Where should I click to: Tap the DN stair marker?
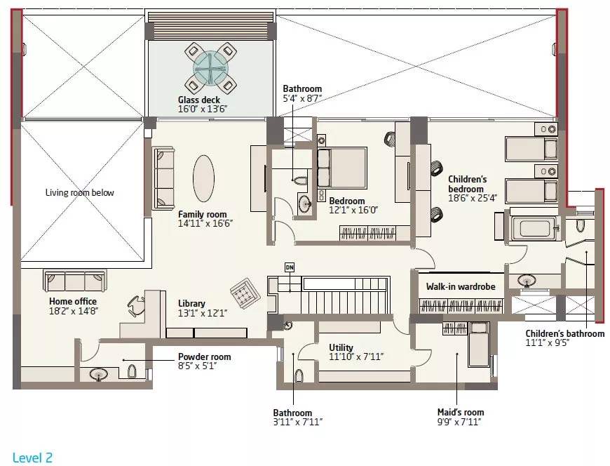(x=290, y=267)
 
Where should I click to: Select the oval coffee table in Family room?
(x=203, y=178)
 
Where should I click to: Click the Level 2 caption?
(x=32, y=458)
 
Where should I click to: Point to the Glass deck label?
(x=199, y=100)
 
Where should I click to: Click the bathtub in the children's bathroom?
(x=534, y=229)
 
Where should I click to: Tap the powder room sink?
(x=99, y=375)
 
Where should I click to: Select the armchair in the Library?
(x=243, y=293)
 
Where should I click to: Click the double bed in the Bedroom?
(x=342, y=168)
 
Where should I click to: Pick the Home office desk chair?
(x=136, y=305)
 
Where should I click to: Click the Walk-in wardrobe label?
(x=461, y=286)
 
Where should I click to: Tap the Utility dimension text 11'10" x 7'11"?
(x=356, y=357)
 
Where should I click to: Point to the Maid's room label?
(x=461, y=412)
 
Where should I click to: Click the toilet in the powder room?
(x=132, y=371)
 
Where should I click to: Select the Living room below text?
(x=80, y=192)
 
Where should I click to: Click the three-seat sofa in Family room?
(x=163, y=178)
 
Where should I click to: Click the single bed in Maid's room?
(x=478, y=344)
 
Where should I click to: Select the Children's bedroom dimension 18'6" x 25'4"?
(x=473, y=198)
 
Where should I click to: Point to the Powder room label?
(x=205, y=357)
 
